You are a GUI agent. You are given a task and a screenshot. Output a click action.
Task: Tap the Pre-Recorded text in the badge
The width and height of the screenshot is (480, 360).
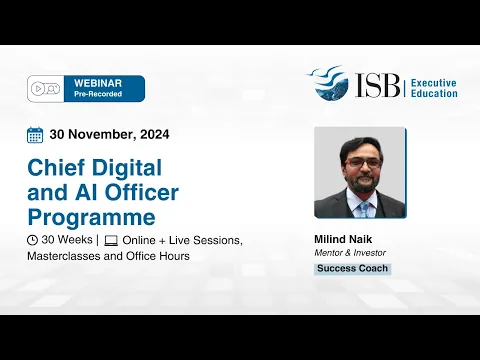[99, 94]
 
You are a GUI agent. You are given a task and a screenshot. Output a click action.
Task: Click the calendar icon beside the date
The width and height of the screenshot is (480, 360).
[35, 135]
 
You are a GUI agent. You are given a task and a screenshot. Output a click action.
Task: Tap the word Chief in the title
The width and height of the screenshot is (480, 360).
[59, 166]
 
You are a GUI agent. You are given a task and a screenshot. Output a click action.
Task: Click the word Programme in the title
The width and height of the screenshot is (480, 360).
[91, 216]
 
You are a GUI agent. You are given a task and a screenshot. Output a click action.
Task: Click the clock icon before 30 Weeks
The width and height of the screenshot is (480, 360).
[33, 241]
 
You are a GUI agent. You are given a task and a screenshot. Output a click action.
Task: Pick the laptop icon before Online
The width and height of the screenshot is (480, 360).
[111, 241]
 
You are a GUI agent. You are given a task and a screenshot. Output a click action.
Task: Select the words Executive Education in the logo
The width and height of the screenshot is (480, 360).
[434, 86]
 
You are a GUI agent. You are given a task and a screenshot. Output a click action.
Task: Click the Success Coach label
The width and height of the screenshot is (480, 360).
[352, 269]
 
